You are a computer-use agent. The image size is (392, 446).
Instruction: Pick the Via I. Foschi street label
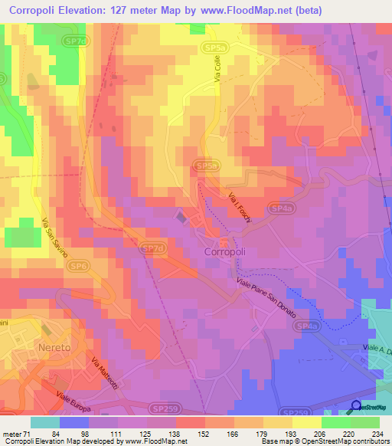click(236, 207)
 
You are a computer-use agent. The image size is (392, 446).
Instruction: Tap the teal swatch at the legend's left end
click(45, 422)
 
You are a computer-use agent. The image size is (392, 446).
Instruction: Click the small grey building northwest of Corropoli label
click(181, 218)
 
